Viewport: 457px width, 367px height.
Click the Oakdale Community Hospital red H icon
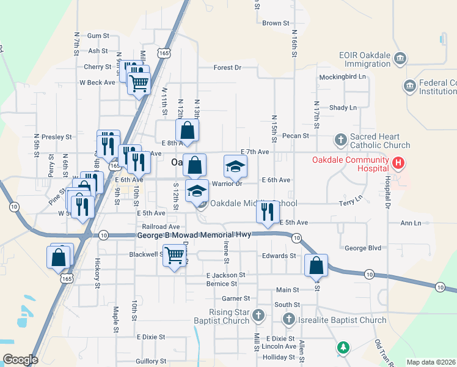(398, 163)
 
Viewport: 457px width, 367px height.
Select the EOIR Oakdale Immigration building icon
(400, 59)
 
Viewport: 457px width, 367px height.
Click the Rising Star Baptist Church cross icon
(258, 316)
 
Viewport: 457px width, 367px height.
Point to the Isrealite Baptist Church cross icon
(289, 319)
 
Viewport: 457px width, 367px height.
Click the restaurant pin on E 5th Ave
(268, 212)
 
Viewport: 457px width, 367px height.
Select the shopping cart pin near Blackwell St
(175, 255)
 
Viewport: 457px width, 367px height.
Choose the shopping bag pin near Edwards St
(316, 265)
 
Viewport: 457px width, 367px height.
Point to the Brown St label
(275, 23)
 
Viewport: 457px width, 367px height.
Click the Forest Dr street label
(227, 68)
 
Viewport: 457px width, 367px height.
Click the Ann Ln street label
(411, 223)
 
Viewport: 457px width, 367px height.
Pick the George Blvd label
(363, 248)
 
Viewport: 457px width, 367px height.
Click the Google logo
(20, 360)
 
